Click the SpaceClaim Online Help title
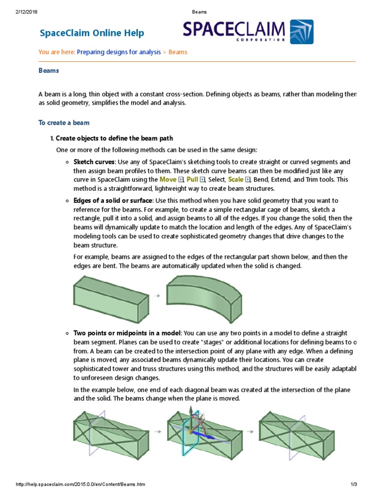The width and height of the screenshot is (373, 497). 91,33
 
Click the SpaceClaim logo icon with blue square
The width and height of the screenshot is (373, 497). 301,32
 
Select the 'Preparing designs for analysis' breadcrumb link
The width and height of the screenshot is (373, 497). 119,52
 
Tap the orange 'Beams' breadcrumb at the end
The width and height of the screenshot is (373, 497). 178,52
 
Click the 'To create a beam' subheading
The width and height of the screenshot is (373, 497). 64,123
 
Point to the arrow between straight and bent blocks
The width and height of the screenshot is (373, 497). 156,295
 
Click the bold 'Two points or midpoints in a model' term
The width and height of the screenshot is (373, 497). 127,333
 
